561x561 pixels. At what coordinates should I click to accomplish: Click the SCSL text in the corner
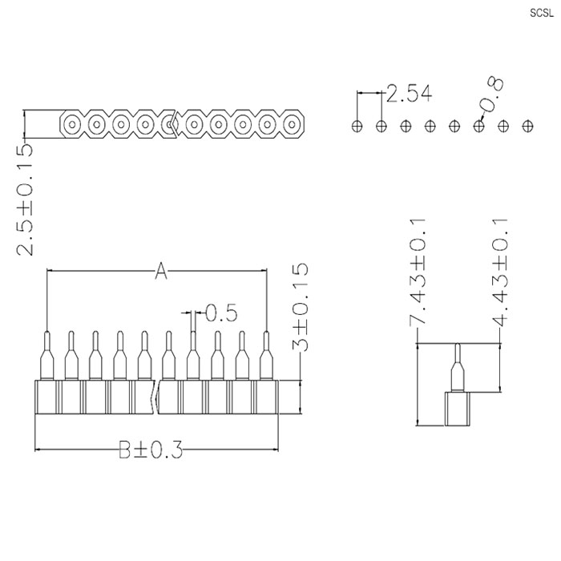click(542, 14)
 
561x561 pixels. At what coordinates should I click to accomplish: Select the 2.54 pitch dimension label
click(410, 94)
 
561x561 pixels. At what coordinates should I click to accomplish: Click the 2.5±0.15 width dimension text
click(24, 200)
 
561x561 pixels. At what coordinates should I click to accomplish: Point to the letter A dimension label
click(161, 271)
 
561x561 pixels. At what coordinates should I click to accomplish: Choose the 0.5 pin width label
click(221, 313)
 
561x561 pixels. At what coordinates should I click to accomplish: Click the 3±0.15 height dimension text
click(300, 307)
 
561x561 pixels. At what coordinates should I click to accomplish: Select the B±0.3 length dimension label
click(151, 450)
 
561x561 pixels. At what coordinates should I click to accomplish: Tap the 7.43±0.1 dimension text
click(418, 272)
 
